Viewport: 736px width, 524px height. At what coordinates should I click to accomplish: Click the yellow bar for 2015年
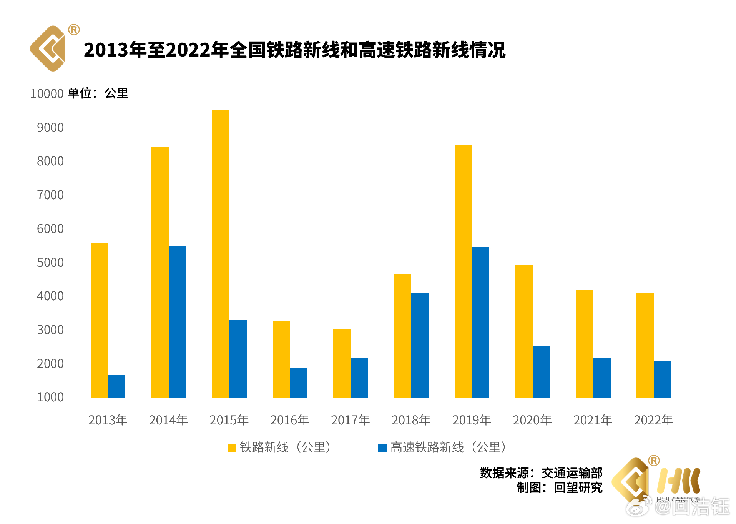pyautogui.click(x=221, y=254)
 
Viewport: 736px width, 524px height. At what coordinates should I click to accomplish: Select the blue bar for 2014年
pyautogui.click(x=177, y=322)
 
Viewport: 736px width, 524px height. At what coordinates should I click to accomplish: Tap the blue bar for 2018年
pyautogui.click(x=420, y=345)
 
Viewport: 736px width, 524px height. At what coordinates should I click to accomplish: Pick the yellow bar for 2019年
pyautogui.click(x=463, y=271)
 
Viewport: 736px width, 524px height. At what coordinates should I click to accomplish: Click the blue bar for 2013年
pyautogui.click(x=116, y=386)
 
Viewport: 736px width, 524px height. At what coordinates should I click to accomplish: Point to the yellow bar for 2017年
pyautogui.click(x=342, y=363)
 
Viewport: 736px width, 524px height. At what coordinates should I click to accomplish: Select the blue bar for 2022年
pyautogui.click(x=662, y=379)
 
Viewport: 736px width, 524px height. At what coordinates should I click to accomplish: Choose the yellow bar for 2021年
pyautogui.click(x=584, y=343)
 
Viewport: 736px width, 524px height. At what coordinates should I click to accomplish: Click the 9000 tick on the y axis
pyautogui.click(x=50, y=128)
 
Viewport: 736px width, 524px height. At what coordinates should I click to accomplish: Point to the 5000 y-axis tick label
pyautogui.click(x=50, y=263)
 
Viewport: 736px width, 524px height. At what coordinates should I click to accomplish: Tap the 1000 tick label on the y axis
pyautogui.click(x=50, y=397)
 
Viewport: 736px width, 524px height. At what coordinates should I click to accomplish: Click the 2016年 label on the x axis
pyautogui.click(x=290, y=420)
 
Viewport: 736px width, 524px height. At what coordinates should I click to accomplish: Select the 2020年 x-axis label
pyautogui.click(x=532, y=420)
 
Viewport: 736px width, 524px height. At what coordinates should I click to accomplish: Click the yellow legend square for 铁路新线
pyautogui.click(x=232, y=448)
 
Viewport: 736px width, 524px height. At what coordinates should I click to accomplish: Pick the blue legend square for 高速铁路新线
pyautogui.click(x=382, y=448)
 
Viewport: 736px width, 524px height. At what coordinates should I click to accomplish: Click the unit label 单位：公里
pyautogui.click(x=98, y=93)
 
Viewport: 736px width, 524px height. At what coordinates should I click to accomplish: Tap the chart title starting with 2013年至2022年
pyautogui.click(x=294, y=50)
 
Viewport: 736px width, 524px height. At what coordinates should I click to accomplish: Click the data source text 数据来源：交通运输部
pyautogui.click(x=541, y=472)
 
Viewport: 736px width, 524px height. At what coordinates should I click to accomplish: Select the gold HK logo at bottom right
pyautogui.click(x=678, y=481)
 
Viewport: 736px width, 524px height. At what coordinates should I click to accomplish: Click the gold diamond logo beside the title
pyautogui.click(x=48, y=49)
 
